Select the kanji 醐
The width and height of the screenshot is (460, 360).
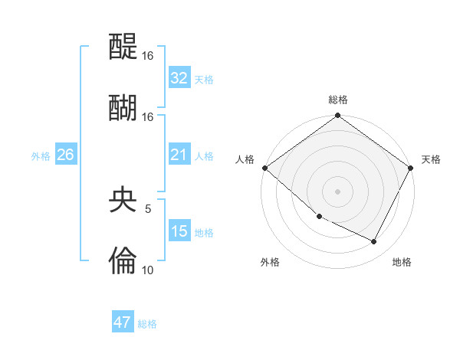point(123,108)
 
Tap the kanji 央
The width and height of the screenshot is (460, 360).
point(123,201)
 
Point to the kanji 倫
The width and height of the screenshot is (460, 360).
point(123,261)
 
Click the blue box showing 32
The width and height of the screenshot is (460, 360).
point(179,78)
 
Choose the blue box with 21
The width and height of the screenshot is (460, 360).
point(179,155)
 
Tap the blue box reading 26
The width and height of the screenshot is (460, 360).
point(65,155)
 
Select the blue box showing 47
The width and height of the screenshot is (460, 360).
point(123,322)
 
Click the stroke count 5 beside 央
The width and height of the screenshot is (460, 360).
point(148,208)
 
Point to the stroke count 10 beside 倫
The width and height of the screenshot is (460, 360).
point(147,269)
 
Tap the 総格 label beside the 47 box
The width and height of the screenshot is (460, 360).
point(147,324)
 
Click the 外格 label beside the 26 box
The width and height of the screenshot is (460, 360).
point(41,156)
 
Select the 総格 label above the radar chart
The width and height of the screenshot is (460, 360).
point(337,100)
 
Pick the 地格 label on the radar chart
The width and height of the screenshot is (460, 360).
point(402,262)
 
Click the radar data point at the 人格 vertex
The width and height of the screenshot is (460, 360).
point(264,168)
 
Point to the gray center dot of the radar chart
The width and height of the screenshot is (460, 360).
point(337,191)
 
